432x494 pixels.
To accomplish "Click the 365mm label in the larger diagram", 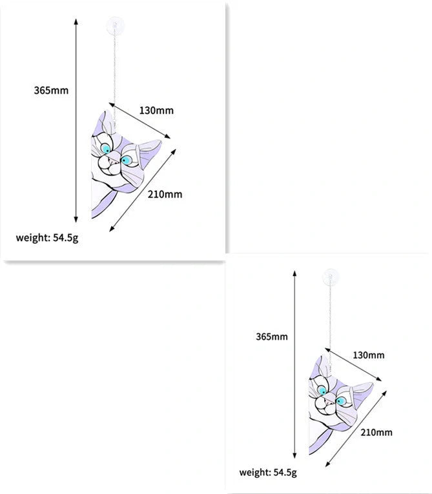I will [51, 90].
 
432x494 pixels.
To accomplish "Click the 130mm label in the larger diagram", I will [156, 110].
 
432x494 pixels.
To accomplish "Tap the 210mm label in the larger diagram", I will [165, 193].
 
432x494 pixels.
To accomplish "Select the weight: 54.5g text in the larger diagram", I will [46, 237].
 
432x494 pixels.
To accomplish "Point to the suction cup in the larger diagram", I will [114, 28].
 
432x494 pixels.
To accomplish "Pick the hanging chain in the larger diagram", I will [115, 71].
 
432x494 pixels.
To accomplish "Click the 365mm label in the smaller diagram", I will [272, 337].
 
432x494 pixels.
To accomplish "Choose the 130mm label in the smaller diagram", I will [368, 355].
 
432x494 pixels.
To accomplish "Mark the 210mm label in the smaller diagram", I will [376, 432].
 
